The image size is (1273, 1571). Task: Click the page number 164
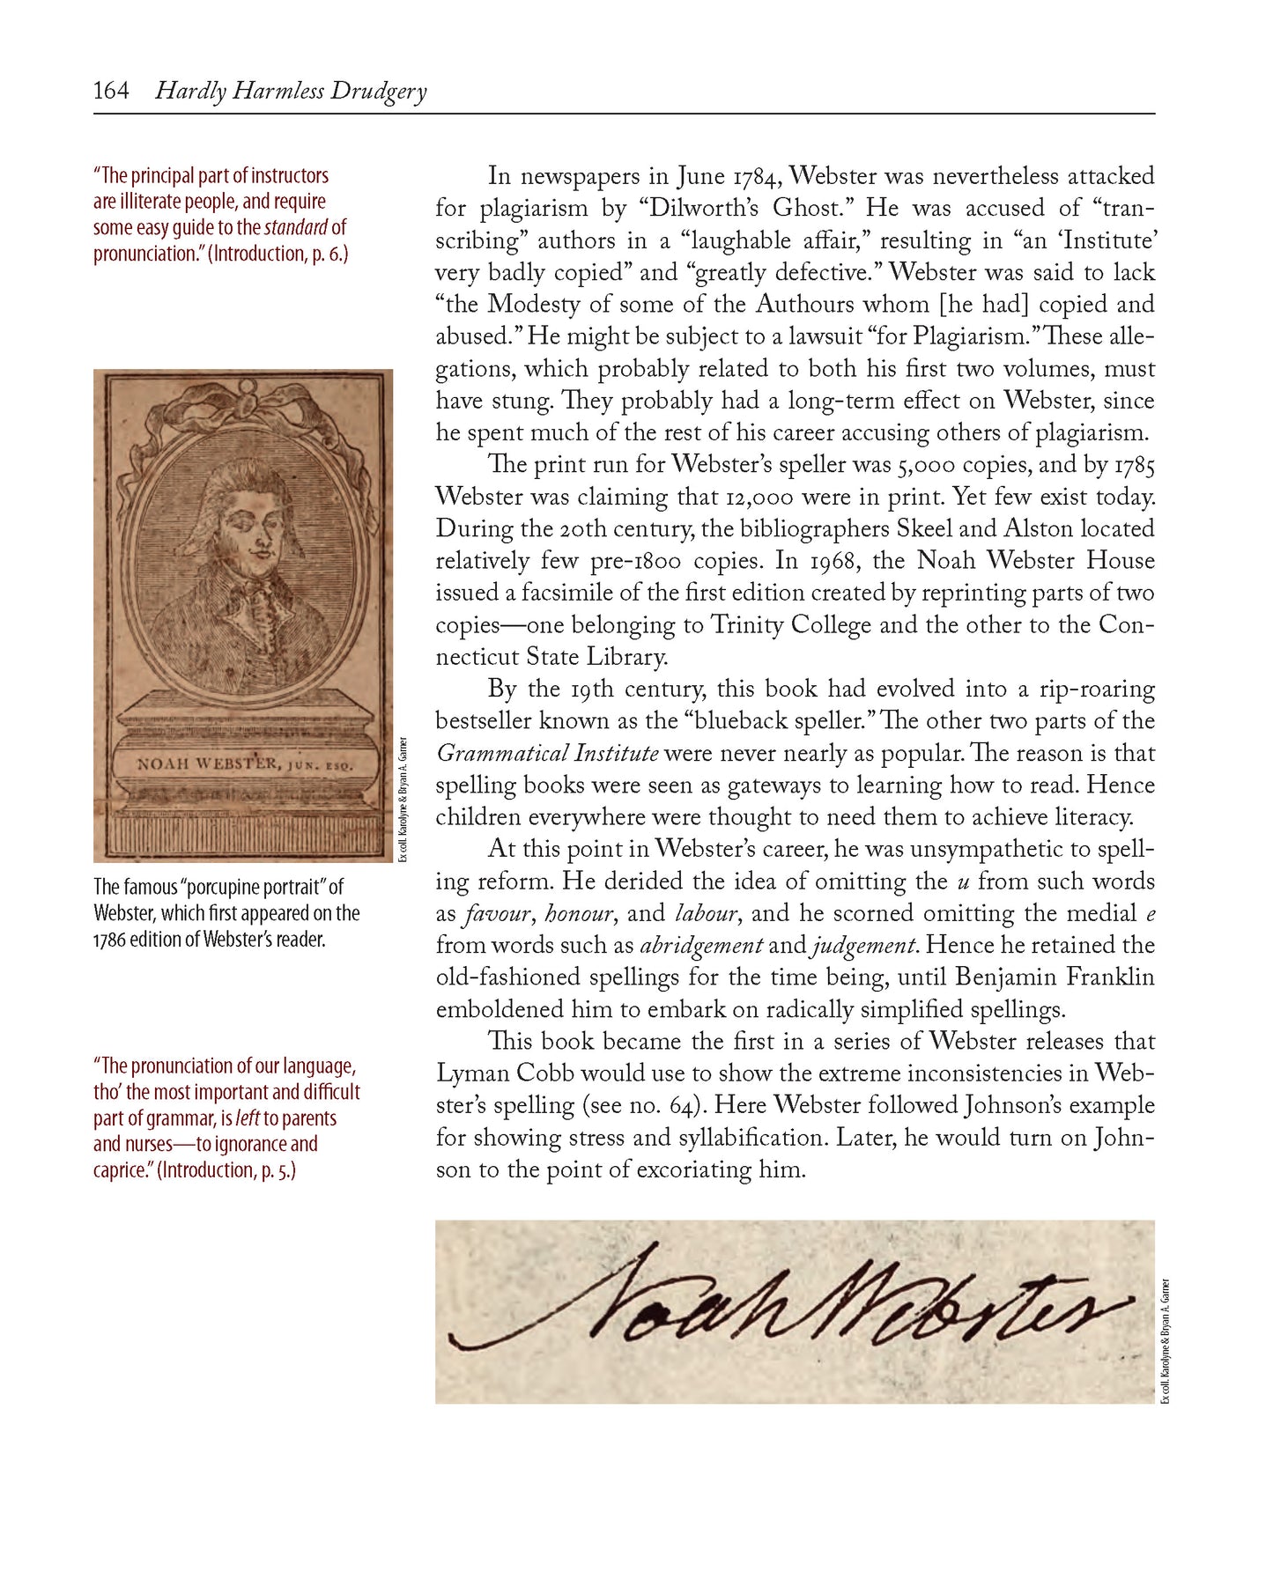(x=111, y=91)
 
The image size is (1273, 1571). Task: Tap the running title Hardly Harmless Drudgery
(x=291, y=92)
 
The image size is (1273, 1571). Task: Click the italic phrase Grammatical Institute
(x=547, y=754)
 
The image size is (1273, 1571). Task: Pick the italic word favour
(x=498, y=914)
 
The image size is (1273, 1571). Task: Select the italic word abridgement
(x=701, y=946)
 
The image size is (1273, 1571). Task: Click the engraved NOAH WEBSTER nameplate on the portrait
(x=244, y=763)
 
